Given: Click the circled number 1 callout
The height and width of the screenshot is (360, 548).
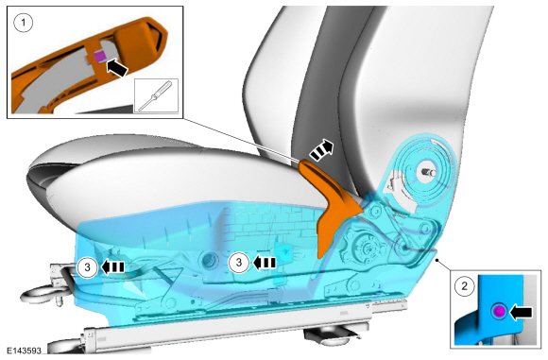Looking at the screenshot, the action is (x=24, y=23).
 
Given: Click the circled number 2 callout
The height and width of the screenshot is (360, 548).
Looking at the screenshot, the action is (x=465, y=286).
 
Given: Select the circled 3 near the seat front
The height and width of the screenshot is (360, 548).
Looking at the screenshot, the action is (x=87, y=267).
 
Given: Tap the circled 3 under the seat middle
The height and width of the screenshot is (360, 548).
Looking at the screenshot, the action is (x=239, y=262).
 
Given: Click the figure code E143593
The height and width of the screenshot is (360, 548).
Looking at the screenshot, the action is (x=25, y=351).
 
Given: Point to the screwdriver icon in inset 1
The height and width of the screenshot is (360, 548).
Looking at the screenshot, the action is (x=156, y=95).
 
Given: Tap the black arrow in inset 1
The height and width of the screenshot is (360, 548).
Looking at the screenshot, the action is (x=117, y=68).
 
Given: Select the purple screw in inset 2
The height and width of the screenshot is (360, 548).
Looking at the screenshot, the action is (x=499, y=311).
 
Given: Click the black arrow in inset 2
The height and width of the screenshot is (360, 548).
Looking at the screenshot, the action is (x=522, y=312).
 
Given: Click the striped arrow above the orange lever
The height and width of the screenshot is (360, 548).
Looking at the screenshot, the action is (x=322, y=150).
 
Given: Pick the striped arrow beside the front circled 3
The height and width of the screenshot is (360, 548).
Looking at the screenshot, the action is (x=112, y=267).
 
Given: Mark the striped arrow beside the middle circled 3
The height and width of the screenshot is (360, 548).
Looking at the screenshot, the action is (x=265, y=263).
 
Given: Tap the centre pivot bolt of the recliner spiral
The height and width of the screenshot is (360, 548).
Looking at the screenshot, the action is (x=428, y=172).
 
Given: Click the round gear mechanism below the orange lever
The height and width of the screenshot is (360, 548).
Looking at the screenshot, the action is (x=367, y=248).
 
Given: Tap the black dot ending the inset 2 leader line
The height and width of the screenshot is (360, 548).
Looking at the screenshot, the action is (x=437, y=260).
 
